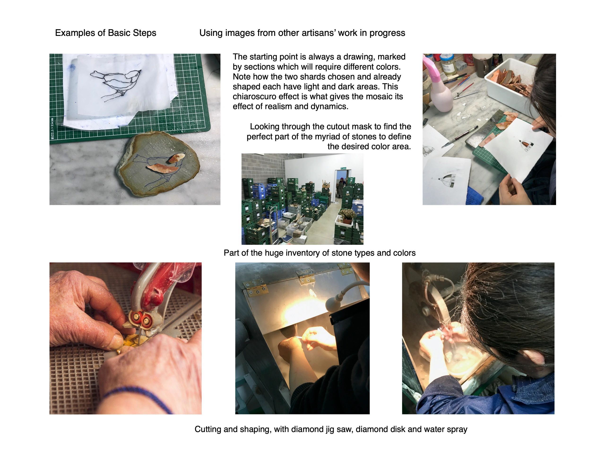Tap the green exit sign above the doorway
coord(344,168)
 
